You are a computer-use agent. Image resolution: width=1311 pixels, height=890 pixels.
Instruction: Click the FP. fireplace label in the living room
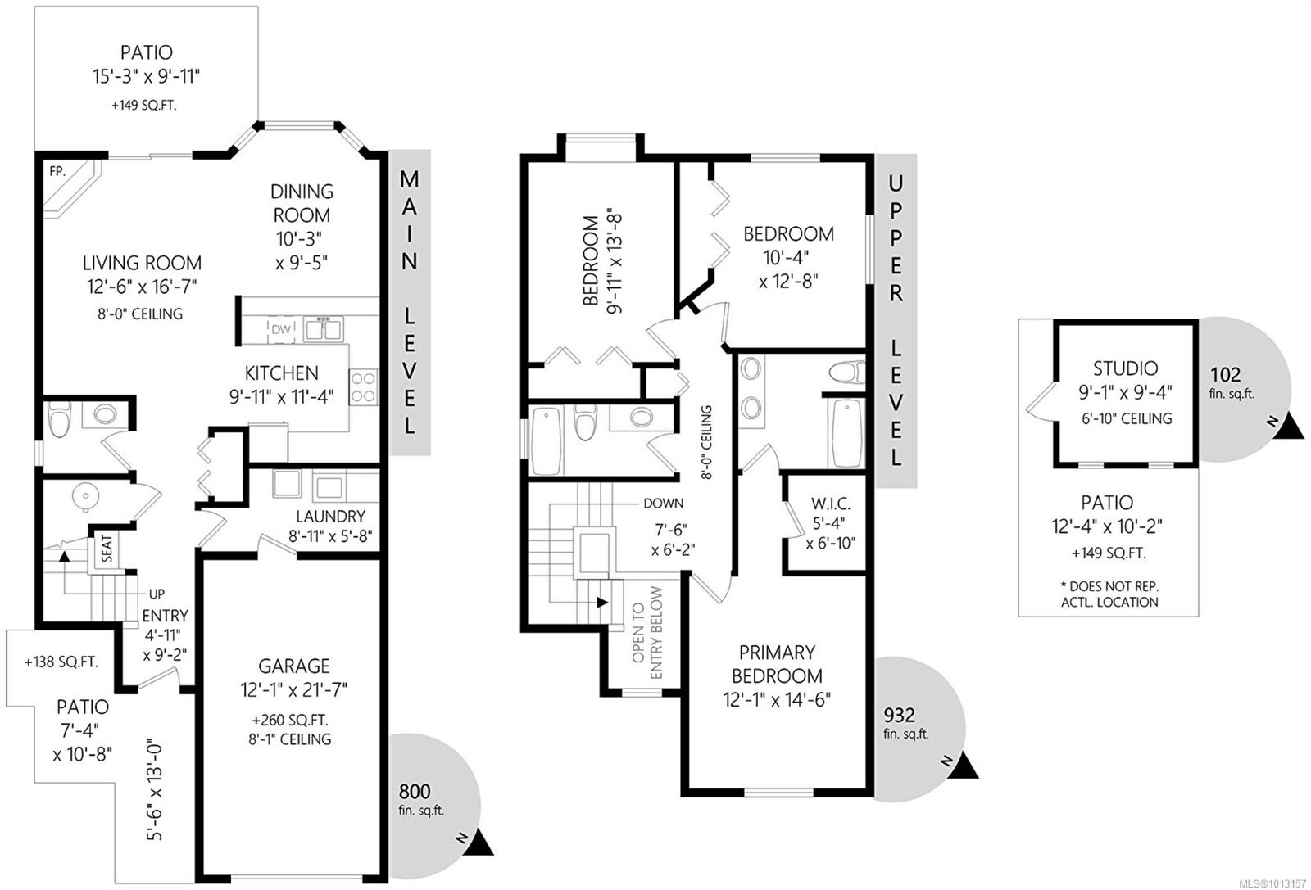coord(57,171)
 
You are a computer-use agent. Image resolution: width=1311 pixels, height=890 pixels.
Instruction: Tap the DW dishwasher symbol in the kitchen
coord(281,329)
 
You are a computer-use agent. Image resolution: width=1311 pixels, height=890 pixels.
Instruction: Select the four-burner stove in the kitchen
coord(364,387)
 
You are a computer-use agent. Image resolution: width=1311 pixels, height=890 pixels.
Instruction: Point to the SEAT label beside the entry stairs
coord(107,549)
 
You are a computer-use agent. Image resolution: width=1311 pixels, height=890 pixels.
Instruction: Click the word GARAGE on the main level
coord(294,666)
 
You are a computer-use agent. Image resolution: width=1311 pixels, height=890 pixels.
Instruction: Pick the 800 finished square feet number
coord(415,792)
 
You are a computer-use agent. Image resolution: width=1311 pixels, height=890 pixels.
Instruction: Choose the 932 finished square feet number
coord(899,715)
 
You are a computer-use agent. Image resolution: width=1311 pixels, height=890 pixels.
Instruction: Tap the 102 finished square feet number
coord(1225,374)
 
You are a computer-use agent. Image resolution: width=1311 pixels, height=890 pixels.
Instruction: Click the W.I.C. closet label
coord(831,504)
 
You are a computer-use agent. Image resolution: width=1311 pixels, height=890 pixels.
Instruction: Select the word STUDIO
coord(1126,368)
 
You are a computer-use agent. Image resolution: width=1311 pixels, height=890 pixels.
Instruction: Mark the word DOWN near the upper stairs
coord(663,504)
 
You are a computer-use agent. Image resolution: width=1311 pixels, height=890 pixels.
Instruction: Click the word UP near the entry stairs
coord(157,594)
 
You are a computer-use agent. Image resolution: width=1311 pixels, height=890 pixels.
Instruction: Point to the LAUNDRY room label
coord(330,517)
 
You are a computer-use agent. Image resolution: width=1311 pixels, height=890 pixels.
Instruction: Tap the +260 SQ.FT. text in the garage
coord(290,720)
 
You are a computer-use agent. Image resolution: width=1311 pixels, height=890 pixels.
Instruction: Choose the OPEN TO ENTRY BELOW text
coord(647,632)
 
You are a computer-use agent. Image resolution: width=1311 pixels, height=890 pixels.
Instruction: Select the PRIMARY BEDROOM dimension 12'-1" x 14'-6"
coord(777,699)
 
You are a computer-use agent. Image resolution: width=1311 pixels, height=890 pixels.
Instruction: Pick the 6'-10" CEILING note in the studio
coord(1127,418)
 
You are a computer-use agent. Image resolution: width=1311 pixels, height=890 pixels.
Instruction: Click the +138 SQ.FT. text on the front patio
coord(61,662)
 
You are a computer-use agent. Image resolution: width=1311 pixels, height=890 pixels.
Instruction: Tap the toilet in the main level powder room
coord(59,418)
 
